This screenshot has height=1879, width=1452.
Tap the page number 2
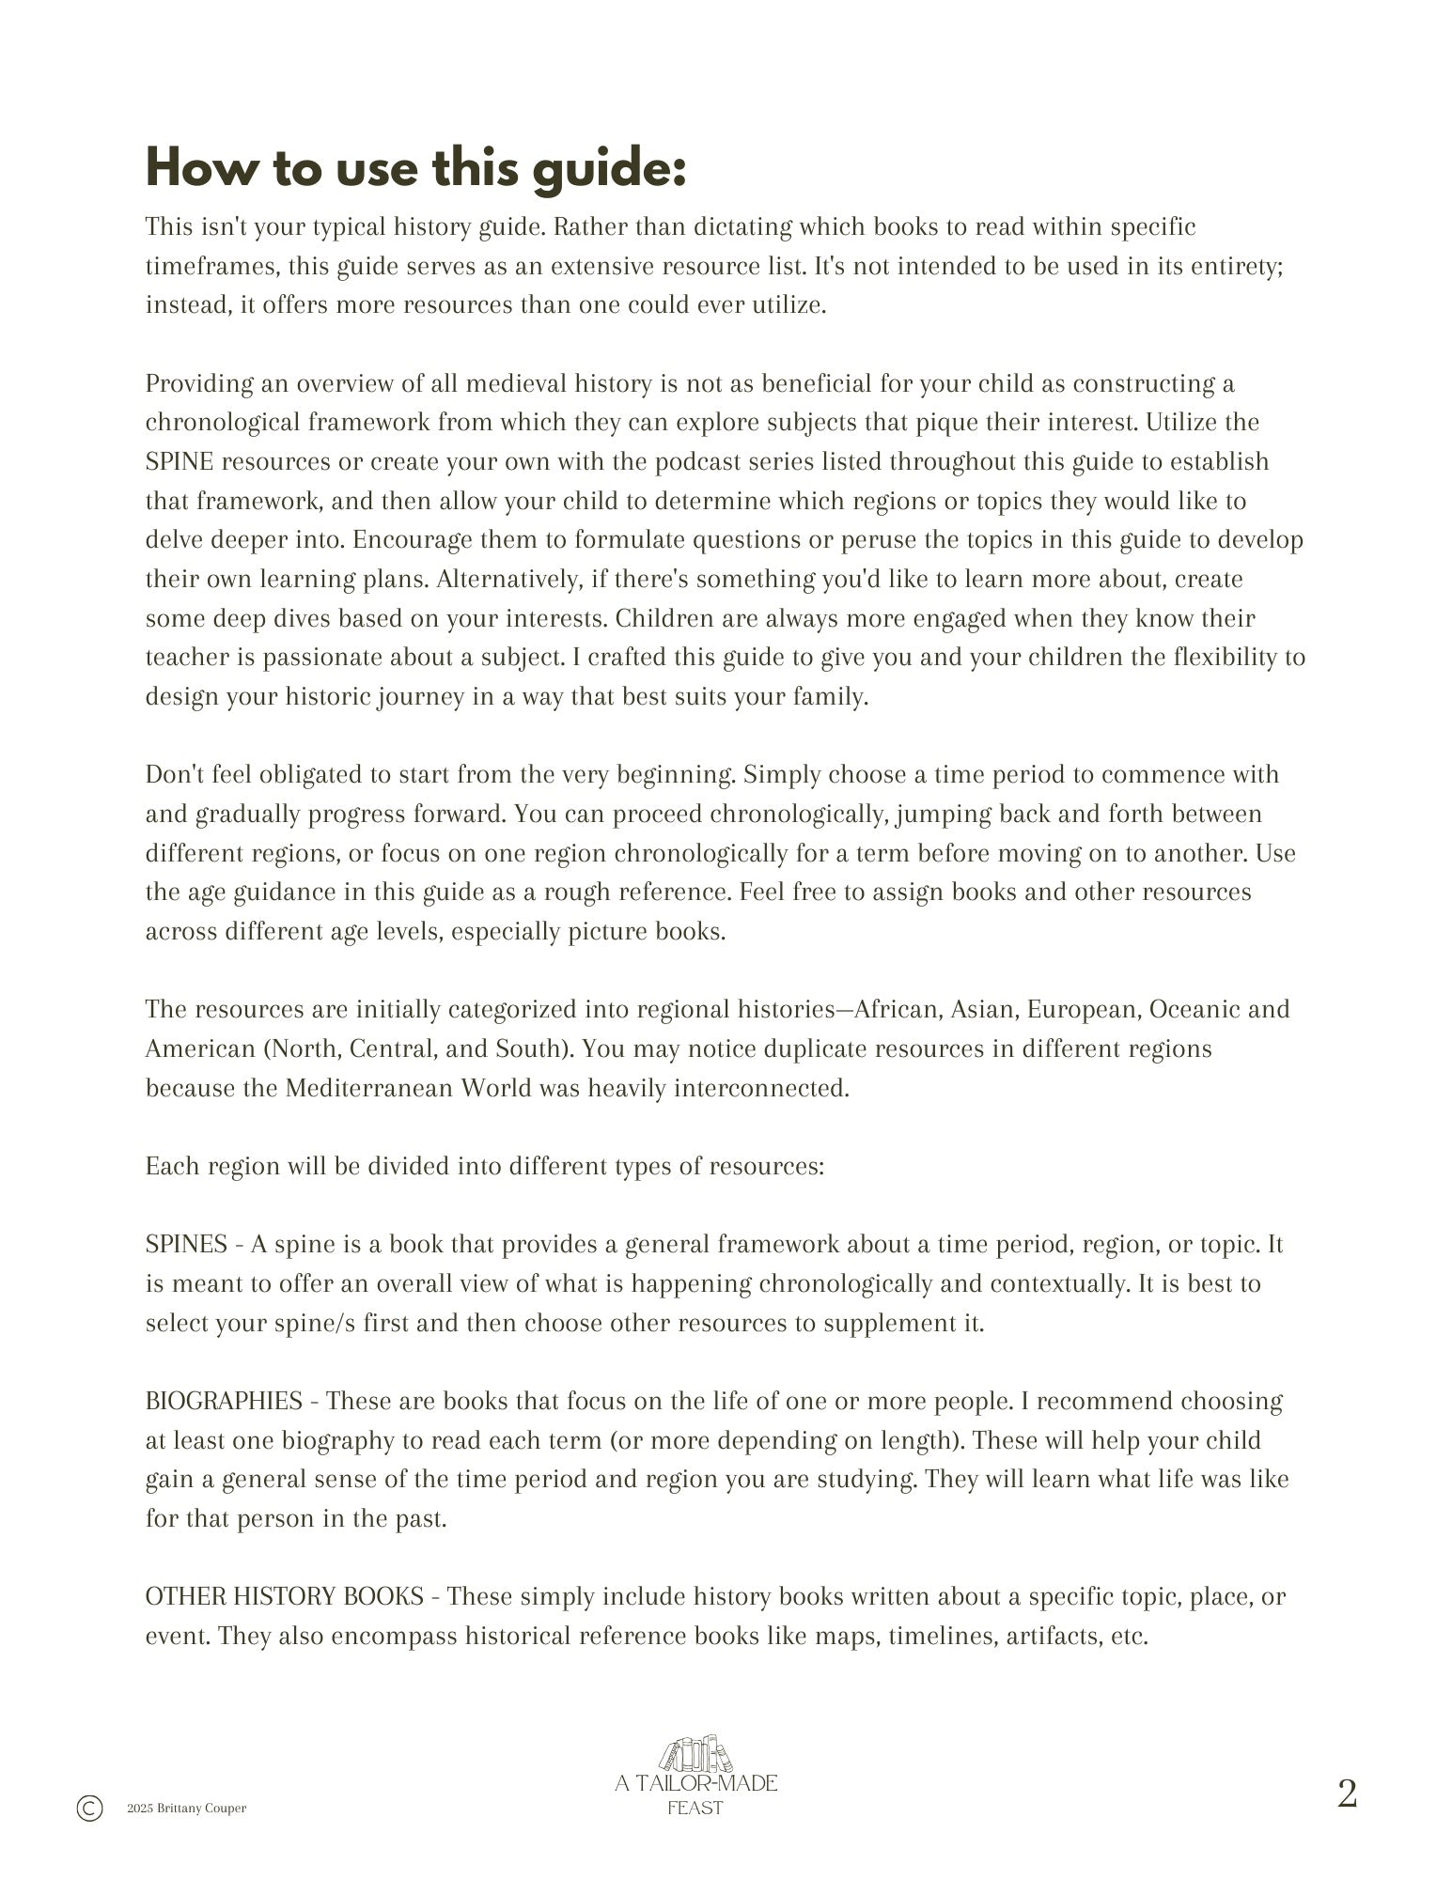coord(1347,1793)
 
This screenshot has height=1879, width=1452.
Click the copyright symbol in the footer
coord(89,1808)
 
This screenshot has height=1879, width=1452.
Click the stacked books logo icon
coord(695,1754)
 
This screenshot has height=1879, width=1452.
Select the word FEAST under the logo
coord(695,1808)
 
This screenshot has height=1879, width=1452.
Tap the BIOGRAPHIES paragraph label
coord(224,1401)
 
